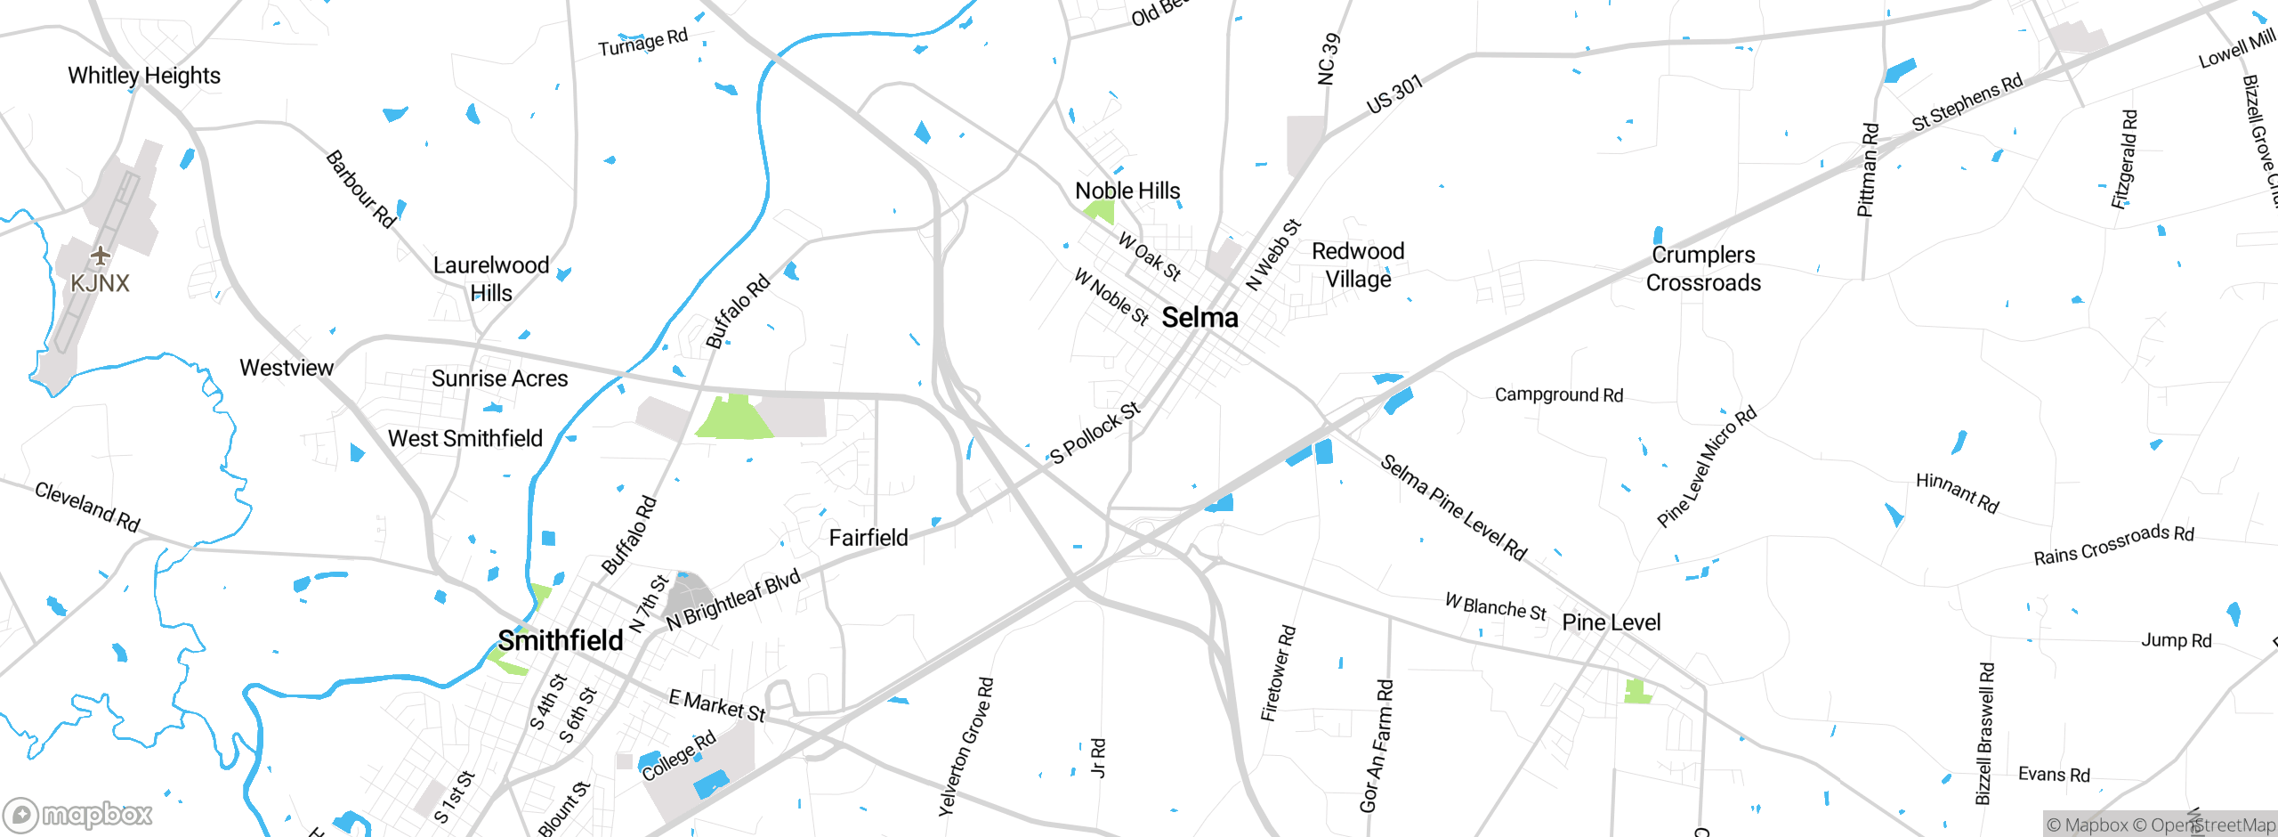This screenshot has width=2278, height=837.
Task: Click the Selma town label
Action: (1200, 317)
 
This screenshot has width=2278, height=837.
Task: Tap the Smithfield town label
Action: (560, 640)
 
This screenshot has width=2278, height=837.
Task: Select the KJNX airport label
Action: (100, 283)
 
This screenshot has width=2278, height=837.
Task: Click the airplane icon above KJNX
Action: (100, 256)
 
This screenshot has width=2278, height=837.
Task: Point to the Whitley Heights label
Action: (144, 76)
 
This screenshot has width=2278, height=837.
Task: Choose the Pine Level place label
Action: (1611, 622)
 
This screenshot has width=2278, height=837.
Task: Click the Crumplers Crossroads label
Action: (1703, 269)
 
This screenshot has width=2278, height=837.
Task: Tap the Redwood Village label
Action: (1358, 265)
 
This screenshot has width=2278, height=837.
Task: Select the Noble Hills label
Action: (1127, 191)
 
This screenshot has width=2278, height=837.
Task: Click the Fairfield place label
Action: (868, 538)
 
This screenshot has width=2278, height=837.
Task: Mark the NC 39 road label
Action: (1327, 60)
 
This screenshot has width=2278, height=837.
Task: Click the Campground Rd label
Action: (1558, 394)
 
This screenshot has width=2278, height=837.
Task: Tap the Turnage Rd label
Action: (642, 42)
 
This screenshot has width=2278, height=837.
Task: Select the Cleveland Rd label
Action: (87, 506)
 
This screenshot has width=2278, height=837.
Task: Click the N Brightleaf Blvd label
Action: (733, 599)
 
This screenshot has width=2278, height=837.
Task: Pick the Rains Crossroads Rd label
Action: (2113, 545)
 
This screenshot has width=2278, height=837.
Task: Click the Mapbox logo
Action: (78, 814)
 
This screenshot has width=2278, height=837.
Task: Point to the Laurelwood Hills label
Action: (491, 279)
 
